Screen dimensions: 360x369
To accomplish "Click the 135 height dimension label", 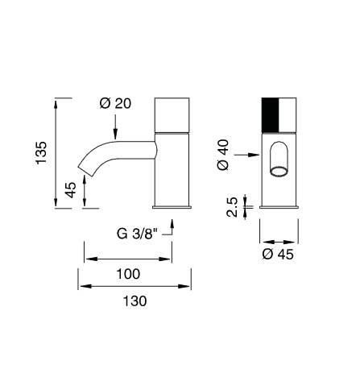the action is tap(41, 152).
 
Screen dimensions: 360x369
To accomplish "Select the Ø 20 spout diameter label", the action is tap(115, 103).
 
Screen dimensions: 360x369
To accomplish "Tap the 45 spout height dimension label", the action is tap(71, 190).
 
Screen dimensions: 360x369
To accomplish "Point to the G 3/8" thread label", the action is tap(137, 234).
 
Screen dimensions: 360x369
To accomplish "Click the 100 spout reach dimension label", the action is tap(128, 274).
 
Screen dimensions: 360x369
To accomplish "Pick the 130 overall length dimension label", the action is tap(134, 301).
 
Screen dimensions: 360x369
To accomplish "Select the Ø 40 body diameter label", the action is tap(223, 155).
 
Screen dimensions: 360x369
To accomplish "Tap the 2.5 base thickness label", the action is tap(232, 207).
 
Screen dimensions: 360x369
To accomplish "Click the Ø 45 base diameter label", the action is tap(278, 254).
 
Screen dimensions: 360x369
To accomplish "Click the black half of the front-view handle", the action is tap(271, 115).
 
